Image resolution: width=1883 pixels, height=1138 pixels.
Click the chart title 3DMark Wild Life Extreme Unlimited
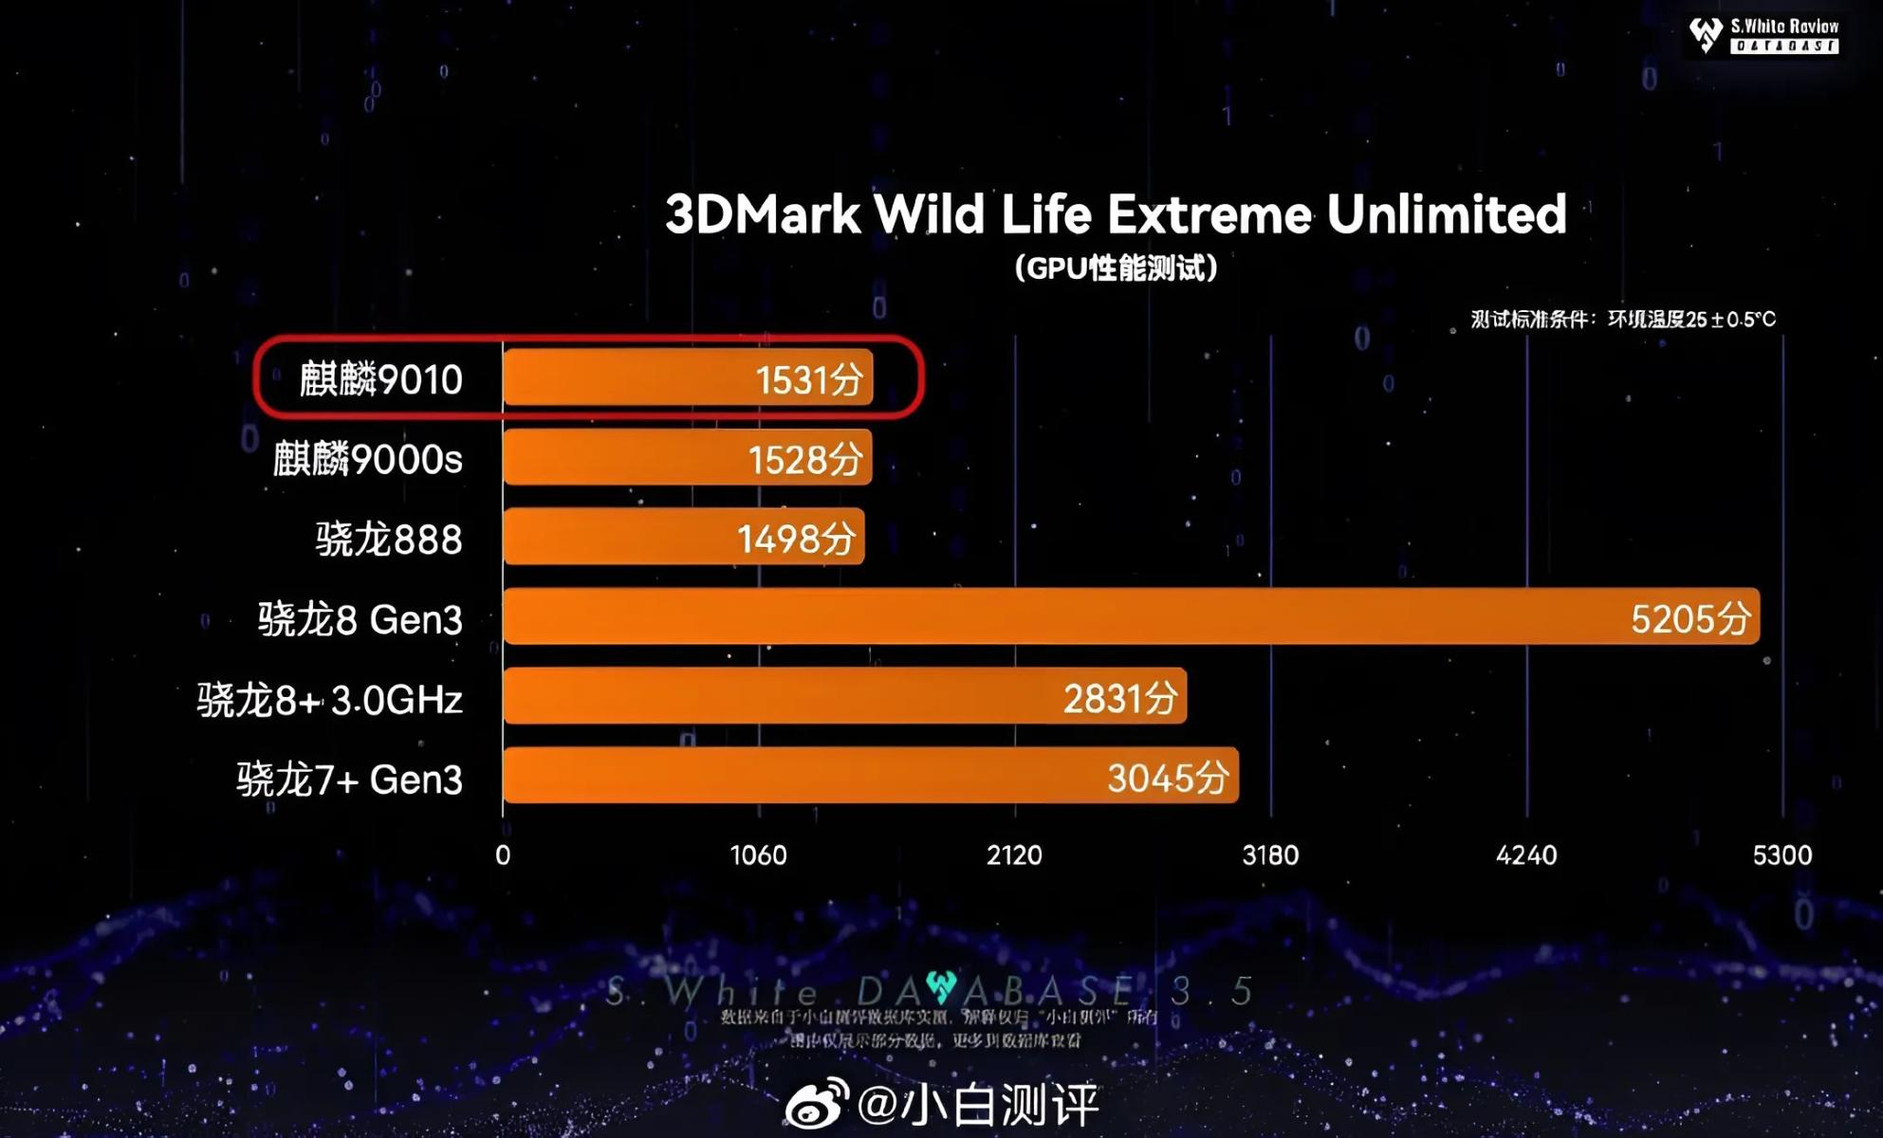[x=1116, y=214]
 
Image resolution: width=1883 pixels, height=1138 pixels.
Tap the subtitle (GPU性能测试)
[x=1116, y=268]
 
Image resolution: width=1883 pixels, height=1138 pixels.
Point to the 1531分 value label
[x=809, y=380]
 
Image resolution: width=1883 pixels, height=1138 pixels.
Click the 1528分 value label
[x=805, y=460]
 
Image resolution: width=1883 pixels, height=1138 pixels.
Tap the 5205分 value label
[x=1689, y=619]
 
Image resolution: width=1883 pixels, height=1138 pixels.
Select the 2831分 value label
[x=1119, y=699]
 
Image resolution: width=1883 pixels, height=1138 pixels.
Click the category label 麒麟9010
[x=380, y=379]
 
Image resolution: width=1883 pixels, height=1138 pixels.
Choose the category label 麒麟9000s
[x=367, y=459]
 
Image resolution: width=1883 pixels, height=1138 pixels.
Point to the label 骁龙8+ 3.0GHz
[x=329, y=700]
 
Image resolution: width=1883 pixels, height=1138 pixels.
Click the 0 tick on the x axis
[x=503, y=855]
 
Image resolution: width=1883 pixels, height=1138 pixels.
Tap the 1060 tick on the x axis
[x=758, y=855]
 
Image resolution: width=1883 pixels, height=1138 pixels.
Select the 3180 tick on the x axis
[x=1270, y=855]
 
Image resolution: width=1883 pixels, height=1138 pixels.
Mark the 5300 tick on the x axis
[x=1781, y=855]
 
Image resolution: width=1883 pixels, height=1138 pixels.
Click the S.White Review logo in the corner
[x=1763, y=35]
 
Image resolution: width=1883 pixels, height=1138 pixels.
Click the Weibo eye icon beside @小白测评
[x=816, y=1103]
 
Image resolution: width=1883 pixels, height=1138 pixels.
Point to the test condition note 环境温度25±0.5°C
[x=1690, y=320]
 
